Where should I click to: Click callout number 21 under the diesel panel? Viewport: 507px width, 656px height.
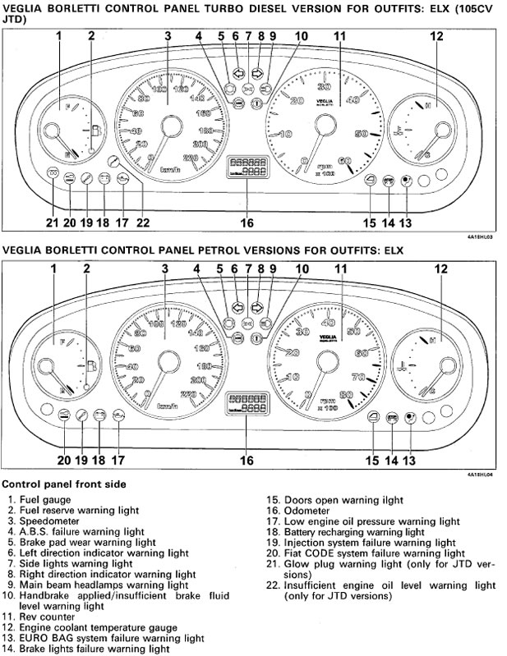tap(51, 222)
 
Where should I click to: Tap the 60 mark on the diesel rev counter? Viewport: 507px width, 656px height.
tap(343, 161)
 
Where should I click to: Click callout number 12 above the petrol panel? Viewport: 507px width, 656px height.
tap(440, 268)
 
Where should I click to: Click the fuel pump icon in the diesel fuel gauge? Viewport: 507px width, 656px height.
tap(96, 130)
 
